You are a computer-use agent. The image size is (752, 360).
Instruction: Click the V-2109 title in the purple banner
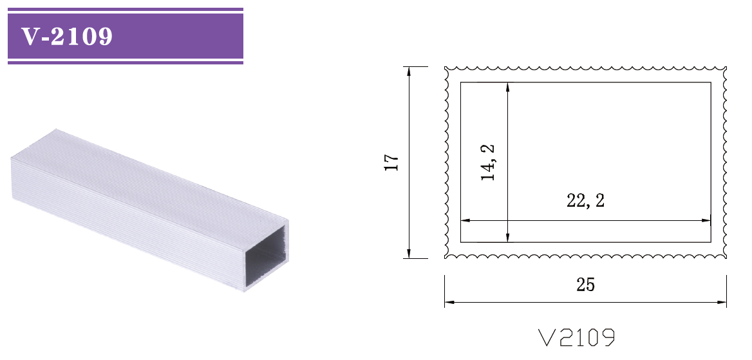click(67, 37)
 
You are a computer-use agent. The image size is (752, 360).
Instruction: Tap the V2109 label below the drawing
click(576, 337)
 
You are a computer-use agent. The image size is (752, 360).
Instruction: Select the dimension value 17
click(392, 162)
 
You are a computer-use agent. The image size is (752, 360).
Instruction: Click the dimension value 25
click(585, 285)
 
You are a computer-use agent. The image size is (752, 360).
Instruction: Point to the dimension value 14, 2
click(489, 162)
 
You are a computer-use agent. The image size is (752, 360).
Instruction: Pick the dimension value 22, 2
click(585, 201)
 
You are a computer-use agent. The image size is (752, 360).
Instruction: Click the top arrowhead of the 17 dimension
click(409, 70)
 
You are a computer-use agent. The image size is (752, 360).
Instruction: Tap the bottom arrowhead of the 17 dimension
click(409, 254)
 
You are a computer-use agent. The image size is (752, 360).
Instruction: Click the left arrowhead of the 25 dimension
click(449, 301)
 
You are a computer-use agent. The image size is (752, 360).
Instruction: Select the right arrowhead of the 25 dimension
click(722, 301)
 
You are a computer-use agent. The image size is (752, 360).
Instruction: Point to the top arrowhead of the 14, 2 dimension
click(508, 86)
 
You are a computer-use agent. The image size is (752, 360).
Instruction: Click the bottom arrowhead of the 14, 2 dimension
click(508, 238)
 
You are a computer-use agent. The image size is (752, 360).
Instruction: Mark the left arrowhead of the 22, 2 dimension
click(465, 220)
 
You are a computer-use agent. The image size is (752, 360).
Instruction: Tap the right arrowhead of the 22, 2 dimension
click(706, 220)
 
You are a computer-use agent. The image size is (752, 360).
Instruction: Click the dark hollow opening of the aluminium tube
click(265, 256)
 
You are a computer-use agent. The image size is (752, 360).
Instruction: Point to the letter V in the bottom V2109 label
click(547, 337)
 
